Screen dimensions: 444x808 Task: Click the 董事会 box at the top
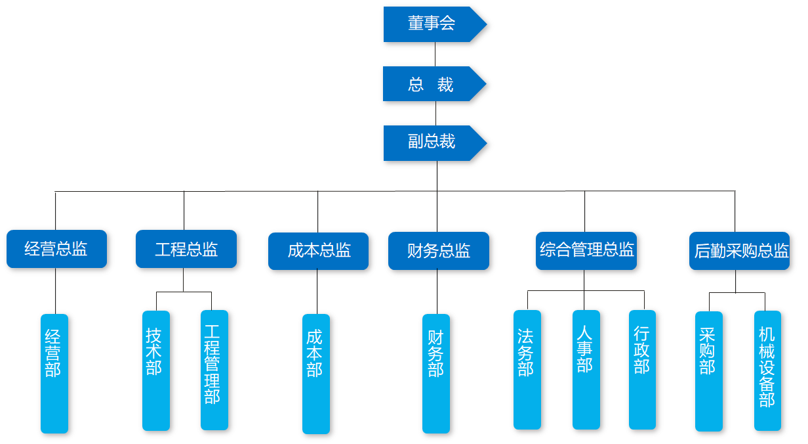pos(432,24)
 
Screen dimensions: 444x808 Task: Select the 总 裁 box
pos(431,84)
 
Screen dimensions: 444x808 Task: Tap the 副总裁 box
pos(432,143)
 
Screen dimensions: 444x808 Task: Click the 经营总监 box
pos(56,249)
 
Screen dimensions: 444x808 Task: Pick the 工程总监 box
pos(186,249)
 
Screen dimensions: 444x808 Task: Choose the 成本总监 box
pos(319,251)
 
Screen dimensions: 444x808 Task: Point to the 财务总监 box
pos(439,251)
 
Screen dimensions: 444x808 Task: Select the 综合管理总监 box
pos(586,250)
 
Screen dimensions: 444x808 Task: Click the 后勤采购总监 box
pos(740,251)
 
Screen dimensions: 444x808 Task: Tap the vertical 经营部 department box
pos(54,373)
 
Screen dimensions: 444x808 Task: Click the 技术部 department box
pos(156,370)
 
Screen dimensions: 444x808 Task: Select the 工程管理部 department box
pos(214,370)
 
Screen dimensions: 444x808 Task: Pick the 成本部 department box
pos(316,374)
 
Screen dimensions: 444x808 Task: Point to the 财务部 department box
pos(436,373)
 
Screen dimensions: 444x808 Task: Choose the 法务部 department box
pos(527,370)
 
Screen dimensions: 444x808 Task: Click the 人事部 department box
pos(586,369)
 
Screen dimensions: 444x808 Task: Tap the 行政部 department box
pos(642,370)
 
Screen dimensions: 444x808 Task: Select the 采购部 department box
pos(708,371)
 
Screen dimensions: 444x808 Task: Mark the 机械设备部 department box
pos(767,370)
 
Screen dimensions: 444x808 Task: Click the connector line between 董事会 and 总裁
pos(435,54)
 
